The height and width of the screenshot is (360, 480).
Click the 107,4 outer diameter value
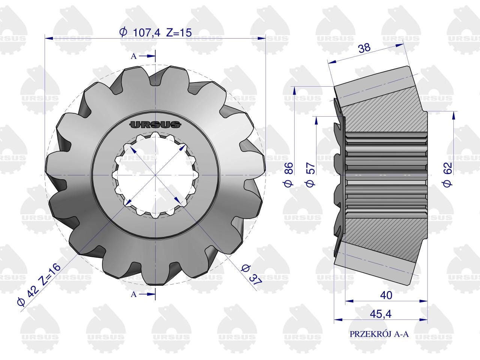[147, 33]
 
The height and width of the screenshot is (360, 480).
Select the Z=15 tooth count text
[179, 33]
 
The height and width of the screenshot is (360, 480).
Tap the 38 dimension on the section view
[364, 48]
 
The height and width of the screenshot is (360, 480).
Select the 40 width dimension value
[386, 295]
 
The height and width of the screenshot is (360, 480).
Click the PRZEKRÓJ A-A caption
[379, 334]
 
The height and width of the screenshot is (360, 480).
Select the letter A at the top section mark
[133, 56]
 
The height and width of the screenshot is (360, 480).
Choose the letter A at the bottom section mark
[133, 294]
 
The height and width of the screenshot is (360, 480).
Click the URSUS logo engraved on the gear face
[155, 125]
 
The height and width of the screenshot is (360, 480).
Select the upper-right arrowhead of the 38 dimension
[400, 45]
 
